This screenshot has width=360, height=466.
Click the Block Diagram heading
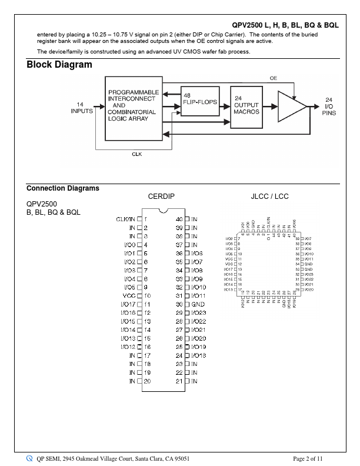coord(59,65)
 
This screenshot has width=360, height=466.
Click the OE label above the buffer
coord(274,78)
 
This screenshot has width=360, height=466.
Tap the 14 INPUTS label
coord(82,107)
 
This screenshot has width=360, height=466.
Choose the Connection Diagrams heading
coord(63,188)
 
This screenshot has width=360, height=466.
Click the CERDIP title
coord(161,197)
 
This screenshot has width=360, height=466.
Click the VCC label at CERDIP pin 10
coord(129,295)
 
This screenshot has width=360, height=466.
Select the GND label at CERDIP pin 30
coord(198,304)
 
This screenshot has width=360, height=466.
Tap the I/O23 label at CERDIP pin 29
coord(199,312)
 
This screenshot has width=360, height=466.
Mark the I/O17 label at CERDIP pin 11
coord(128,304)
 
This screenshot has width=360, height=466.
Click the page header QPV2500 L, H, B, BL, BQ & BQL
coord(285,25)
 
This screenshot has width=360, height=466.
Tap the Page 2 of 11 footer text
coord(308,458)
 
